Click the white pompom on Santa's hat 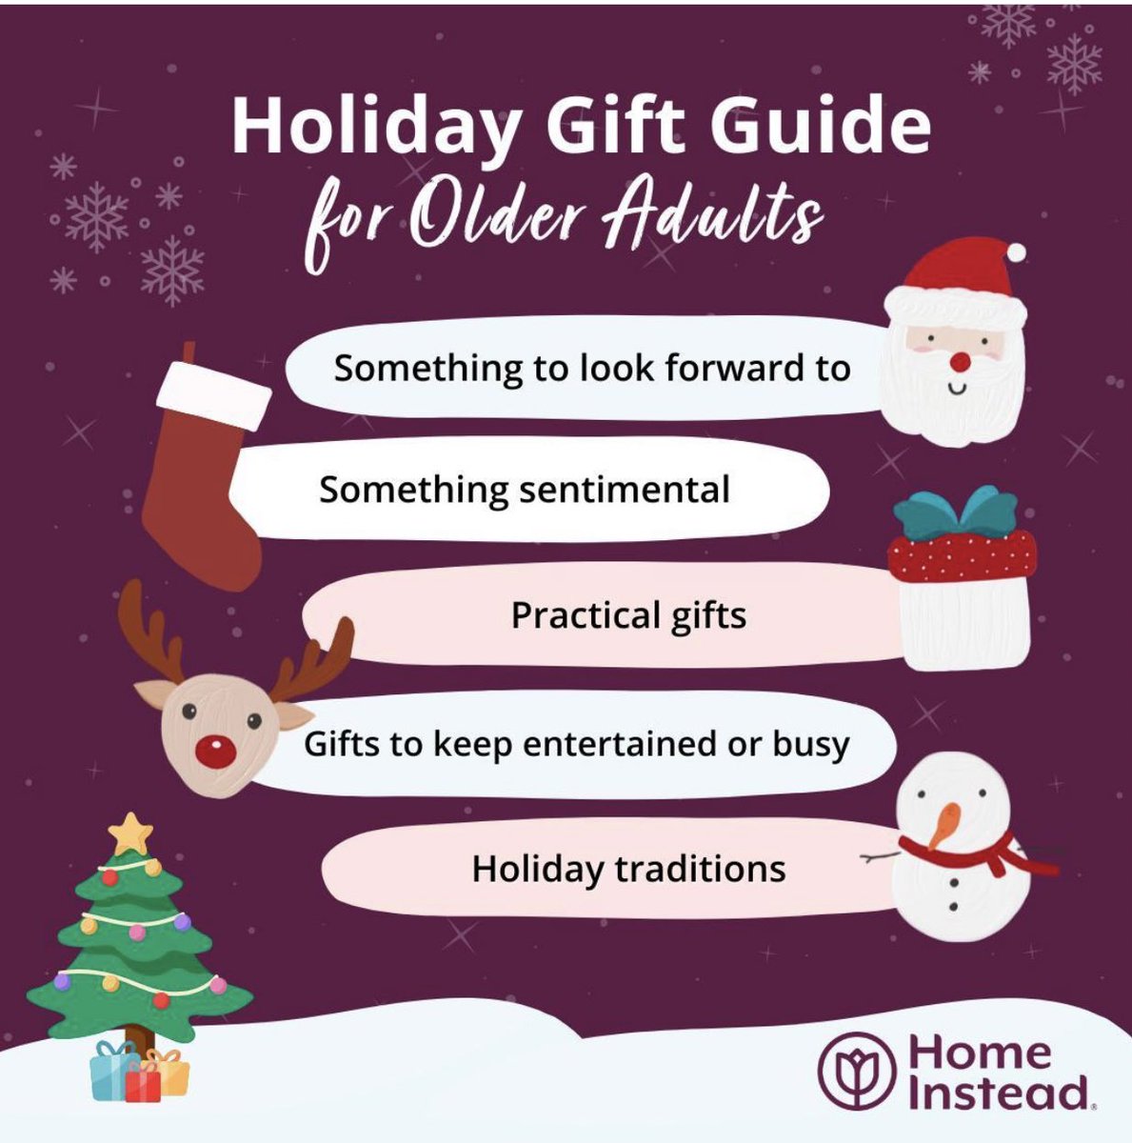click(x=1016, y=252)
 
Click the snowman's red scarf click(x=990, y=853)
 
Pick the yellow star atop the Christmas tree click(x=130, y=833)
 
